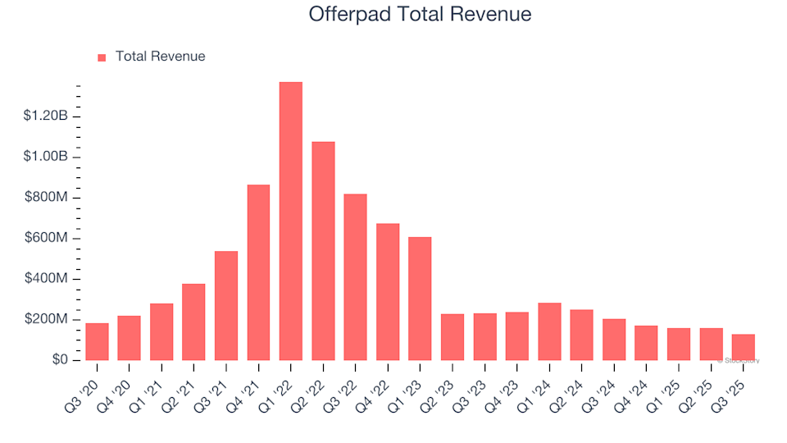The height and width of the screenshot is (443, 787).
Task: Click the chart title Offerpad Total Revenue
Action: (420, 15)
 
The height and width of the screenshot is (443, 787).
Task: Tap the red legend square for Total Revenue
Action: (102, 57)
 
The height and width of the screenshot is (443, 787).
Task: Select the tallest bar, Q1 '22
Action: (291, 221)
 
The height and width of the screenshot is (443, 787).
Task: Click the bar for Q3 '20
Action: (97, 342)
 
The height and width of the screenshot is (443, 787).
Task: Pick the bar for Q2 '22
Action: (323, 251)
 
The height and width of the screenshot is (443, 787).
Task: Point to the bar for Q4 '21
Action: (258, 272)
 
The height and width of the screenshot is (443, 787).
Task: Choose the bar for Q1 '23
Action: (420, 299)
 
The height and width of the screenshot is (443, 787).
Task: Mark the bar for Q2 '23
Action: (453, 337)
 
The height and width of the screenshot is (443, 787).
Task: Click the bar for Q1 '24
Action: (549, 331)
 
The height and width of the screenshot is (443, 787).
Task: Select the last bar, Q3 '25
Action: (743, 347)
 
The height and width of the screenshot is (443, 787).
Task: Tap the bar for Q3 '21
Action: (226, 306)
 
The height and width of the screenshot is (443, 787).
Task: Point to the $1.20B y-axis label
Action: (46, 116)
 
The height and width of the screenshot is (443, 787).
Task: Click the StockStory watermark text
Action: (739, 360)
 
